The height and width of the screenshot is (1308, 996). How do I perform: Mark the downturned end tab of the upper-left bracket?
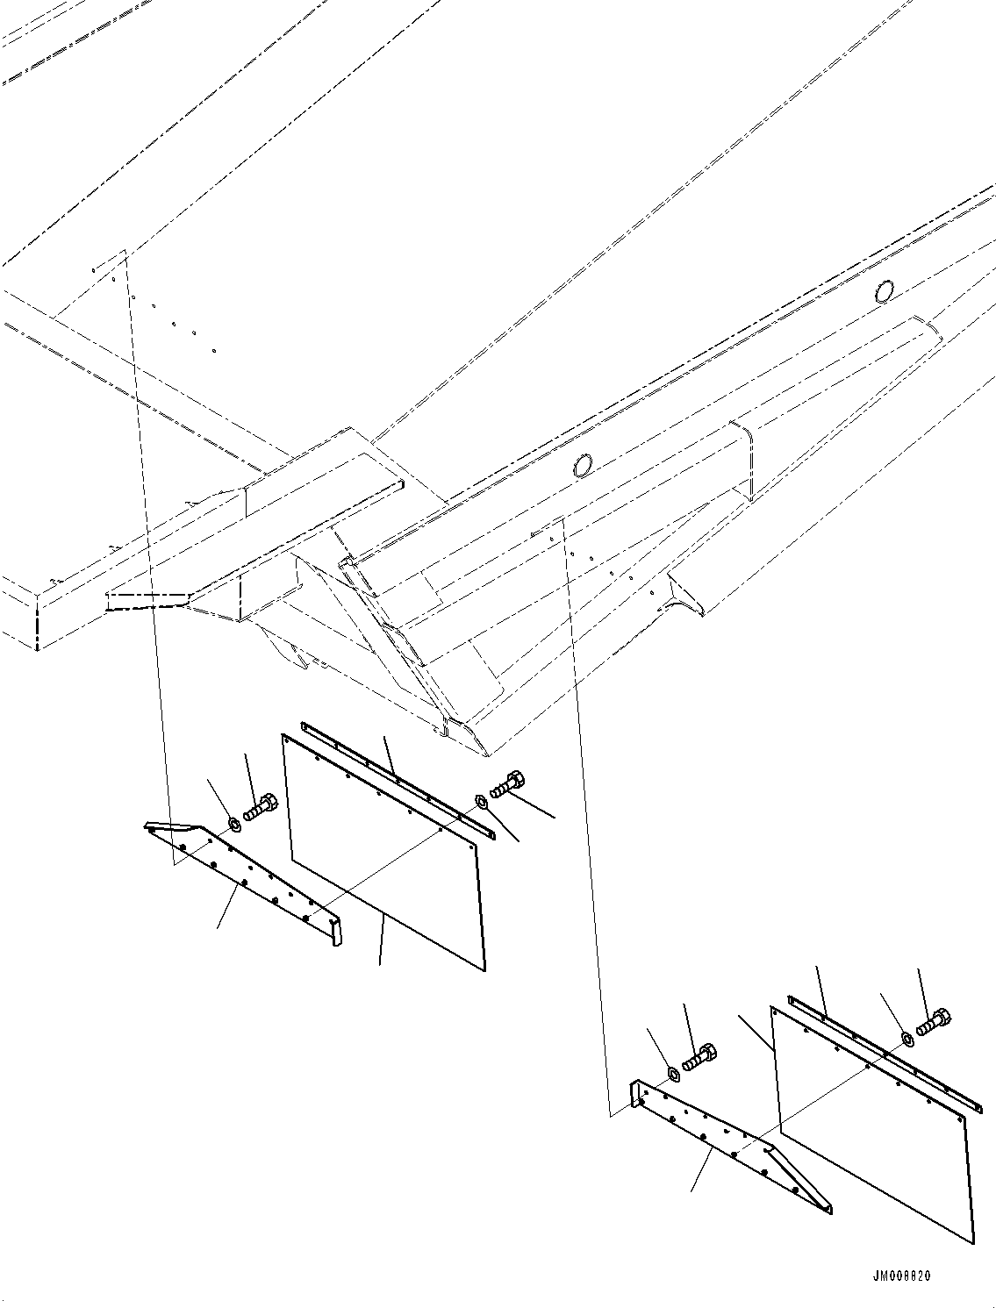(x=336, y=934)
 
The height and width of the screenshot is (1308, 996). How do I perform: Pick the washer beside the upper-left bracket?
(x=234, y=825)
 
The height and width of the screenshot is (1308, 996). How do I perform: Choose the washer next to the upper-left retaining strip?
(x=481, y=801)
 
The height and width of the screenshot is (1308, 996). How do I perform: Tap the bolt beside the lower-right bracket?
(x=701, y=1055)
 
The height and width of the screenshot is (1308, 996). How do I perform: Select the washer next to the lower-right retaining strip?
(x=906, y=1040)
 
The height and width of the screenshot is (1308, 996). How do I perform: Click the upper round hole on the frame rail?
(x=885, y=289)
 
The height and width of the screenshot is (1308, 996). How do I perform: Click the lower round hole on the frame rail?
(x=581, y=466)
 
